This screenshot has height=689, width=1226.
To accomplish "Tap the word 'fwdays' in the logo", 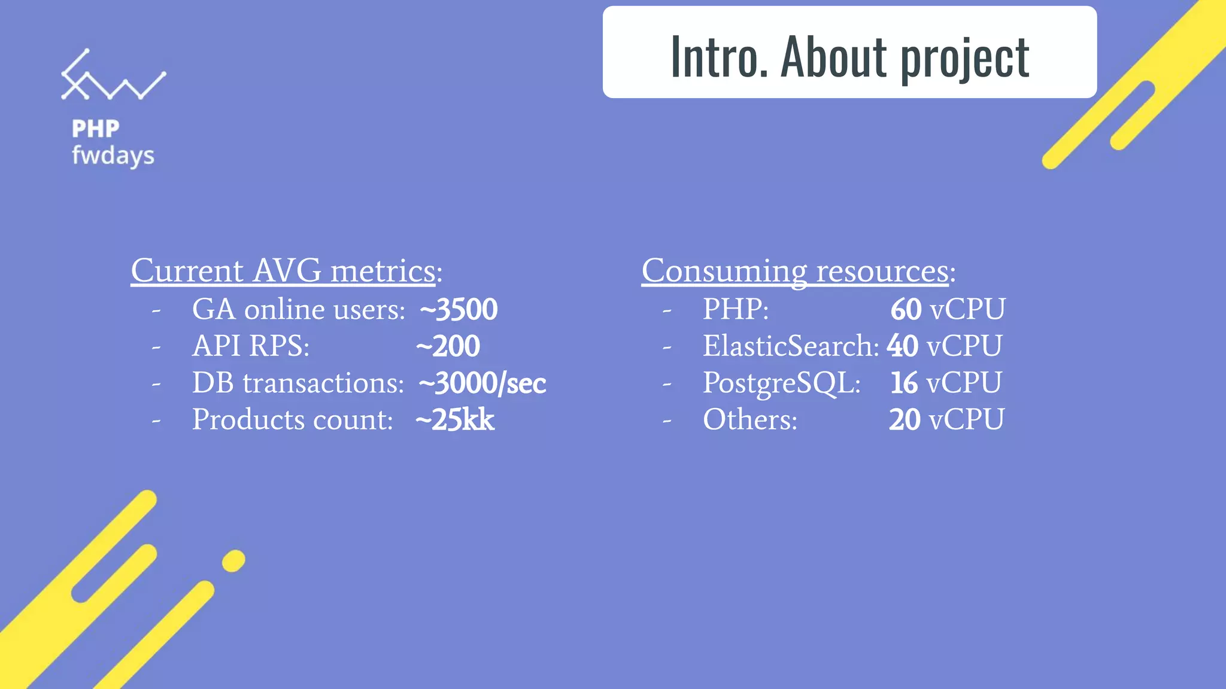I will [113, 156].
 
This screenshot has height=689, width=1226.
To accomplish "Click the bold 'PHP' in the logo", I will [96, 129].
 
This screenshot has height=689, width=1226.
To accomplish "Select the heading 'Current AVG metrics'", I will [283, 271].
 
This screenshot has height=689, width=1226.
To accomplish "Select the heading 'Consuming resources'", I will [795, 271].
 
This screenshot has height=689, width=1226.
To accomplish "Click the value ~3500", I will [459, 310].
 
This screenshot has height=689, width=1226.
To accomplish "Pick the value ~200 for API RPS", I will [448, 346].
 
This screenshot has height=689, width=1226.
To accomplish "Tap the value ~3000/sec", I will [482, 383].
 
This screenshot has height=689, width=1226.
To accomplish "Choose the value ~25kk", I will [454, 420].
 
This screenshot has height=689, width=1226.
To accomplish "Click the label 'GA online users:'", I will [298, 310].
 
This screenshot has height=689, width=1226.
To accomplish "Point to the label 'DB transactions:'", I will [298, 383].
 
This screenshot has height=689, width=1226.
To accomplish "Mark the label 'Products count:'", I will [292, 420].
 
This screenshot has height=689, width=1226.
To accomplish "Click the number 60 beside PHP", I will [906, 310].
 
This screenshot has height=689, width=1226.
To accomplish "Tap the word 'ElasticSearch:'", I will [791, 346].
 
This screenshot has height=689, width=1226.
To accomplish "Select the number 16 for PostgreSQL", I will [904, 383].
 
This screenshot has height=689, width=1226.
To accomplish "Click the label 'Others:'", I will [750, 420].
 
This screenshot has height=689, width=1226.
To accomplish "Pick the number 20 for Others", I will [905, 420].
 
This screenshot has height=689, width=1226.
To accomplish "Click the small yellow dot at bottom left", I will [233, 561].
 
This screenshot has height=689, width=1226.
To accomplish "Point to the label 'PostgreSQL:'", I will [781, 383].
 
